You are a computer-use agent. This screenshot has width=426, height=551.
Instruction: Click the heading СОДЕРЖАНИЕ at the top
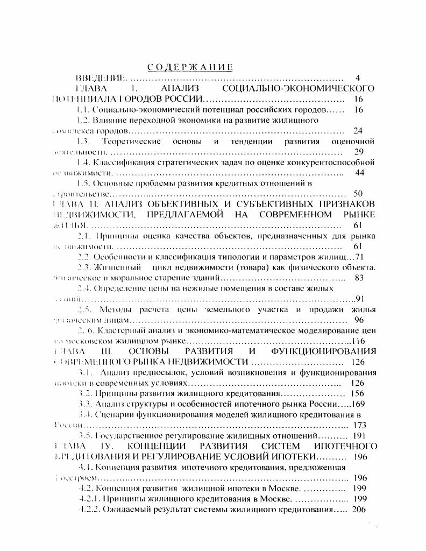[x=190, y=67]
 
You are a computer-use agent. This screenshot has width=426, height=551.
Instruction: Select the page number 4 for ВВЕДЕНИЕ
[x=358, y=78]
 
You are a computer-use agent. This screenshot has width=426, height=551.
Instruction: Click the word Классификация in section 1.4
[x=119, y=162]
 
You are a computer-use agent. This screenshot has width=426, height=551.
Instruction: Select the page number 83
[x=361, y=278]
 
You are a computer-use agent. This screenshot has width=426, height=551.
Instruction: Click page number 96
[x=359, y=320]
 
